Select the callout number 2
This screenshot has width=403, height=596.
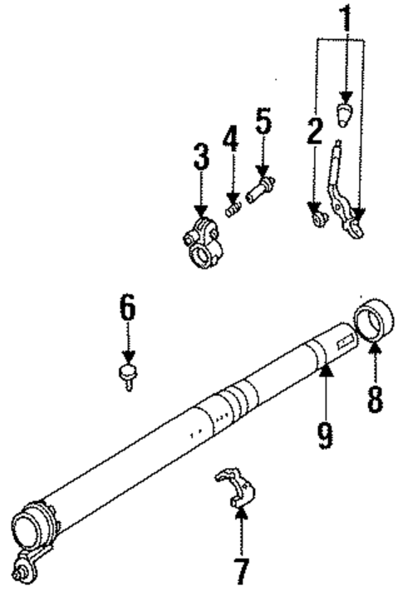pyautogui.click(x=314, y=131)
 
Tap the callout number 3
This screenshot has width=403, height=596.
pyautogui.click(x=200, y=156)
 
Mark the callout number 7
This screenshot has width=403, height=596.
pyautogui.click(x=240, y=572)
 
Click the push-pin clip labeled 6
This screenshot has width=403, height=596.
pyautogui.click(x=127, y=374)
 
